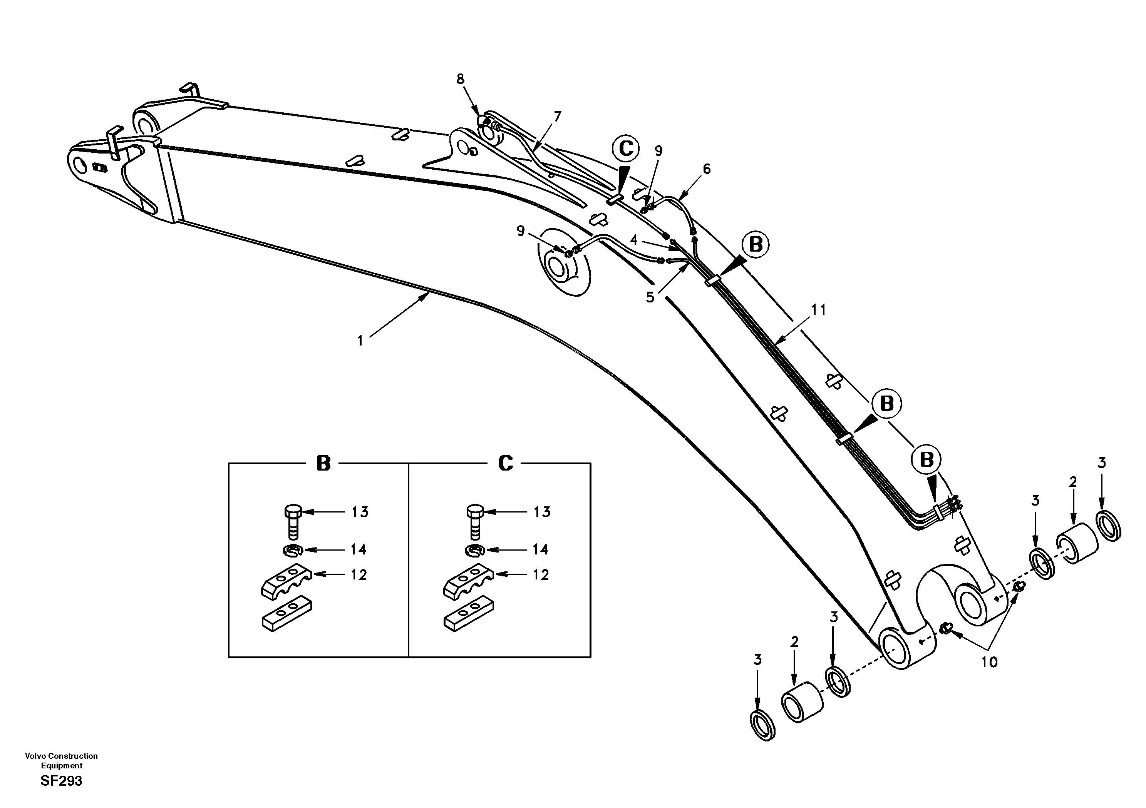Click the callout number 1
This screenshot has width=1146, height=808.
(x=360, y=341)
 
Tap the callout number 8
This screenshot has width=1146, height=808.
(x=460, y=79)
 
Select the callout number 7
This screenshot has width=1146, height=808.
(x=558, y=116)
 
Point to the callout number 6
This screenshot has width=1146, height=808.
(x=707, y=169)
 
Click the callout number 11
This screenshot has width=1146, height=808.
(x=819, y=310)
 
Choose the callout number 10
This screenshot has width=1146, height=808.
(x=989, y=662)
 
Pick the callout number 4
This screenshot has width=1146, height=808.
(x=634, y=240)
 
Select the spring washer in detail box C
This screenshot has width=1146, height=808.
(x=474, y=551)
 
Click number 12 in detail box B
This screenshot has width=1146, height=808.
(x=359, y=575)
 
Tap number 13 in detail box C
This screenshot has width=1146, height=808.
(x=541, y=512)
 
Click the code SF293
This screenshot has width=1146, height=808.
(x=61, y=781)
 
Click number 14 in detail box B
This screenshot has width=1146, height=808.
(x=359, y=550)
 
